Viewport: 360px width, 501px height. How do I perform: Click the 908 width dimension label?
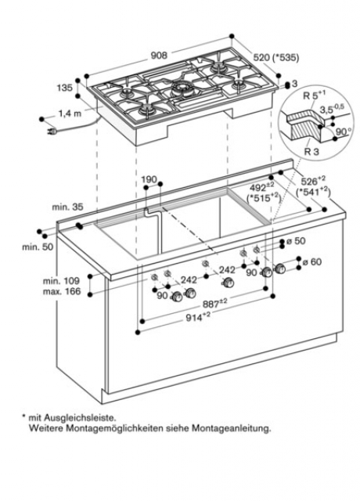tap(159, 56)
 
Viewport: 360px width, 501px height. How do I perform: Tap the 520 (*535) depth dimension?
tap(276, 57)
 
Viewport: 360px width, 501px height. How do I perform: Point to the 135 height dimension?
tap(65, 87)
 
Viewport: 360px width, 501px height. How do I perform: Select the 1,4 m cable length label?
tap(70, 113)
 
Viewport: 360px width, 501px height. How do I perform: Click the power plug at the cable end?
tap(52, 131)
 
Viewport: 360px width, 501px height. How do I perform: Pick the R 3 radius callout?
tap(311, 151)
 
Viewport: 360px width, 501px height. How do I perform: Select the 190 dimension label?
tap(149, 179)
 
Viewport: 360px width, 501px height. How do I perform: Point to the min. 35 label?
tap(67, 207)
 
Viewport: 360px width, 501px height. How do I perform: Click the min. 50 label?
tap(38, 247)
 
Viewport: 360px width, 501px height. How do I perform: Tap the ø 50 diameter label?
tap(296, 240)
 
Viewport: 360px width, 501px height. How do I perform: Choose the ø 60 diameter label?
tap(312, 261)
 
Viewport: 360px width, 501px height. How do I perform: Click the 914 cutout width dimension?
tap(198, 317)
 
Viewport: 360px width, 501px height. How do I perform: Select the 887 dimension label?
tap(215, 304)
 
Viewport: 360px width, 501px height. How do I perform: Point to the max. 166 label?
tap(62, 291)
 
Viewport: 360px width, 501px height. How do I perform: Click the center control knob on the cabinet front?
tap(229, 283)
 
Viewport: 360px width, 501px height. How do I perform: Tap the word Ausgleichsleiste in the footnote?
tap(80, 417)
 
